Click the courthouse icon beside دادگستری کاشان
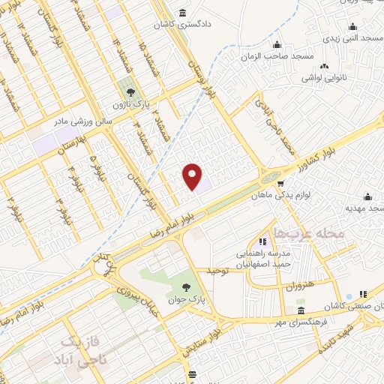click(x=184, y=14)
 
